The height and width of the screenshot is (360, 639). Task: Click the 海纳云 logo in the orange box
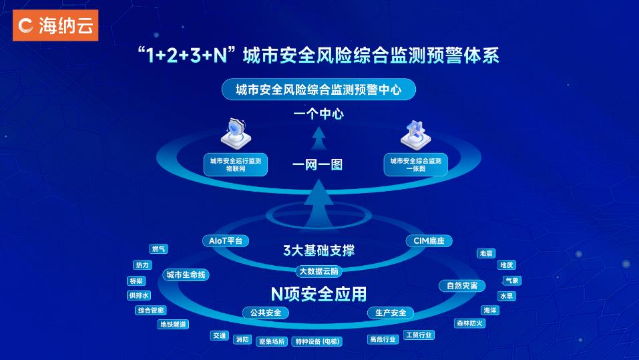coord(55,25)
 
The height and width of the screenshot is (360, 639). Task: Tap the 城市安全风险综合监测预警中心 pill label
coord(318,89)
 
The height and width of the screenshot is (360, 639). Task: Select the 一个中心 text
coord(318,114)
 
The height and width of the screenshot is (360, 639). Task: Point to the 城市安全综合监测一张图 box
coord(416,165)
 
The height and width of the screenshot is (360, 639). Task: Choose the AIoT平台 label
coord(226,241)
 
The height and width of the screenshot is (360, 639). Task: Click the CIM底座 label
coord(429,241)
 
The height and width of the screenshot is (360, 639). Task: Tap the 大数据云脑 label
coord(318,271)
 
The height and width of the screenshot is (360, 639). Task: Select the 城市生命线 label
coord(186,275)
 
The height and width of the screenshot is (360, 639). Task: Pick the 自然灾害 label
coord(462,286)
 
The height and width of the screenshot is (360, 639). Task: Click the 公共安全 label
coord(266,313)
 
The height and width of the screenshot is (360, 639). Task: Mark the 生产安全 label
coord(391,313)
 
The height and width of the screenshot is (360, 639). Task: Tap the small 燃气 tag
coord(158,248)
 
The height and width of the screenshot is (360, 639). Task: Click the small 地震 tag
coord(486,253)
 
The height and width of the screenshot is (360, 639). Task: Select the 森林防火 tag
coord(470,323)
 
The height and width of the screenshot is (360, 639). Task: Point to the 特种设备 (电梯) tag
coord(317,341)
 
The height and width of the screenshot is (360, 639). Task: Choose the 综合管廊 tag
coord(151,311)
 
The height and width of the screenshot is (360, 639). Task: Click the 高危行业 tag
coord(383,339)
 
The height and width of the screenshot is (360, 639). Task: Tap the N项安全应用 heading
coord(318,294)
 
